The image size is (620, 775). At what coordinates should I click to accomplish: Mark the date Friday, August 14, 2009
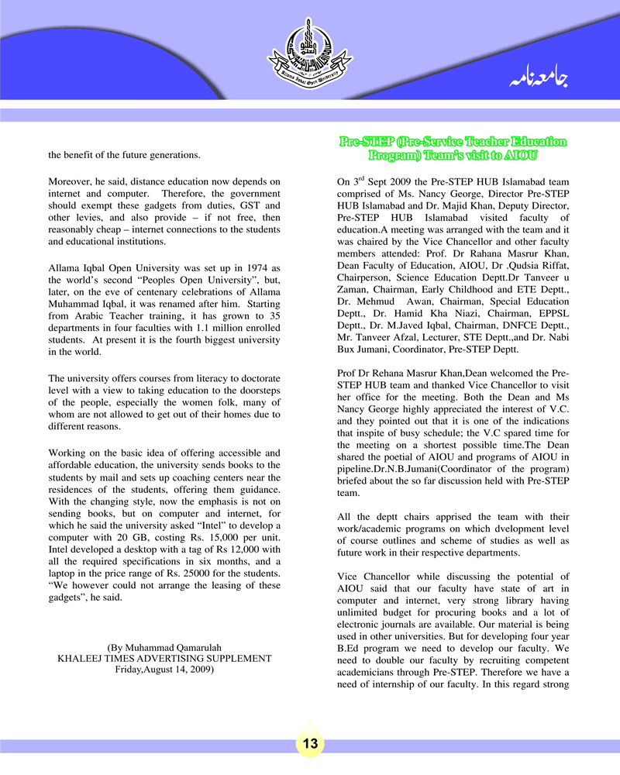pos(165,670)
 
